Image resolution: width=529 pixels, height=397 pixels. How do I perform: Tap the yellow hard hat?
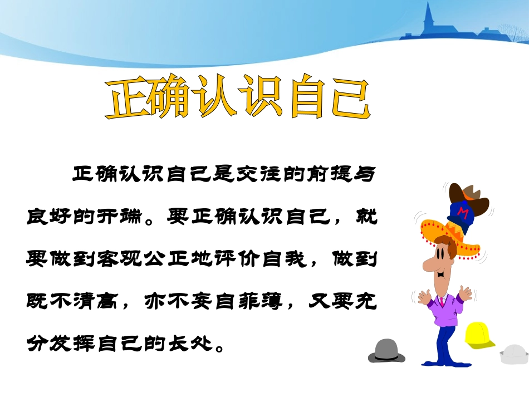[479, 335]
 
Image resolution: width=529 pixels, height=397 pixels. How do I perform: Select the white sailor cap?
[513, 354]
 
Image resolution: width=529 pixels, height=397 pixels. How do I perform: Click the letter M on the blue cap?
[461, 213]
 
